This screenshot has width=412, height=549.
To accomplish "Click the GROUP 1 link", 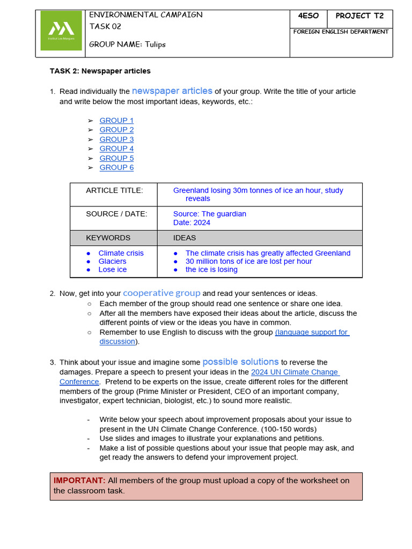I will (116, 121).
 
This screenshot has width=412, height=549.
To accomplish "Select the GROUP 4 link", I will (116, 149).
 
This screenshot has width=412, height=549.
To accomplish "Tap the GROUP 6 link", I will (116, 167).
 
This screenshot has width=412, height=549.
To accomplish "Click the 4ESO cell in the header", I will (308, 16).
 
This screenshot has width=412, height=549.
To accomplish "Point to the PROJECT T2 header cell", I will (359, 16).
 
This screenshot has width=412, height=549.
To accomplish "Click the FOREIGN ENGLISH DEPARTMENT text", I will (341, 32).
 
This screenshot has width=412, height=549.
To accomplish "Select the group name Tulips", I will (154, 44).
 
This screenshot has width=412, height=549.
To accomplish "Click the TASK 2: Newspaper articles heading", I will (100, 71).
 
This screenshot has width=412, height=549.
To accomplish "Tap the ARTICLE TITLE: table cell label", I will (114, 190).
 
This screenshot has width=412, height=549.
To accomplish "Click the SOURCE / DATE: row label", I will (116, 214).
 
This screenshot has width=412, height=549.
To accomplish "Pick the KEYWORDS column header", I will (108, 238).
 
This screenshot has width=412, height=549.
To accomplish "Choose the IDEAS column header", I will (185, 238).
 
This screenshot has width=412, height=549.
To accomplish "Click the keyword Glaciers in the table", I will (112, 261).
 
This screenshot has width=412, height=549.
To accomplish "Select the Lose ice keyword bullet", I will (112, 270).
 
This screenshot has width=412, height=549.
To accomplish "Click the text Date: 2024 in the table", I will (192, 222).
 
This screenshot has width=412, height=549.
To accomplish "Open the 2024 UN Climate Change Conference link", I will (295, 372).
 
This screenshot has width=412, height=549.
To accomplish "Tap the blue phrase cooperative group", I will (161, 293).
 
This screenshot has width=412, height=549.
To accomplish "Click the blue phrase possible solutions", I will (240, 362).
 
